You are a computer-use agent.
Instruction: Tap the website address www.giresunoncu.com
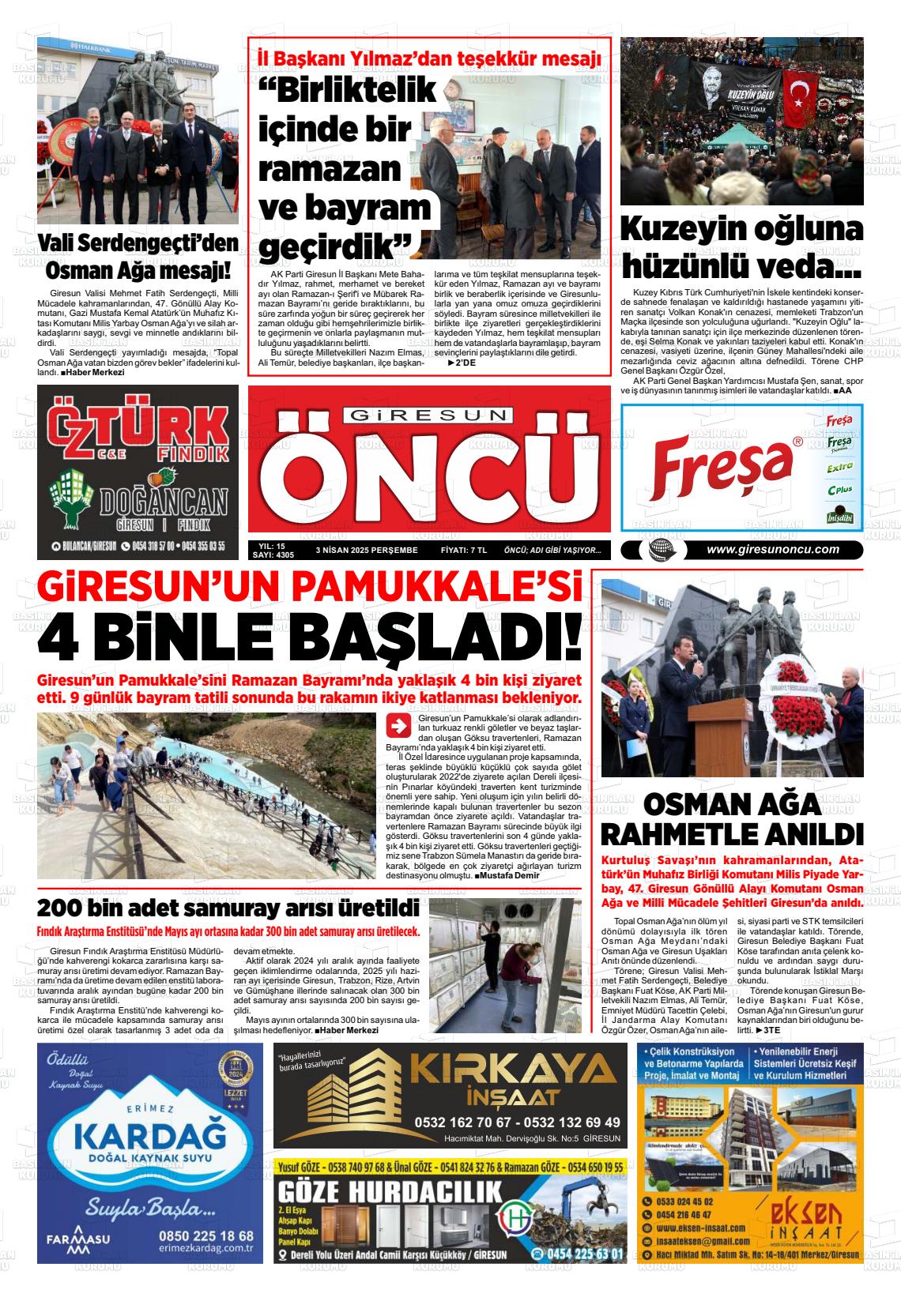tap(772, 551)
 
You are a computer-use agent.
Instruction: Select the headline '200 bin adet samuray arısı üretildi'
tap(228, 905)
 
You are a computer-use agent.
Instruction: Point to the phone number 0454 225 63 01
tap(578, 1254)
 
